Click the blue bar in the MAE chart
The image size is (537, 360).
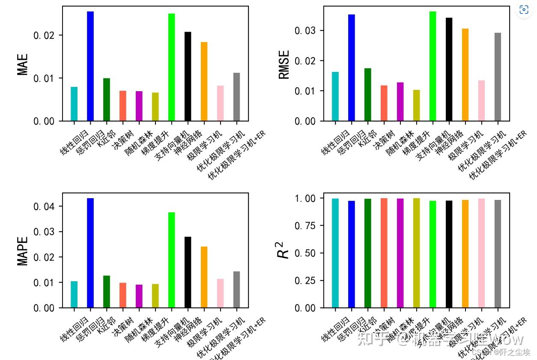pyautogui.click(x=90, y=66)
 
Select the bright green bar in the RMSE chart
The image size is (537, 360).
pyautogui.click(x=433, y=66)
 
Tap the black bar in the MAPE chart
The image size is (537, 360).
pyautogui.click(x=188, y=272)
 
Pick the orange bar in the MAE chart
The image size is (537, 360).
pyautogui.click(x=204, y=81)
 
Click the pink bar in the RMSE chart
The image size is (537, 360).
pyautogui.click(x=481, y=101)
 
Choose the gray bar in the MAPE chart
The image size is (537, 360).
pyautogui.click(x=237, y=289)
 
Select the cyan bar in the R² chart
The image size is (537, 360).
pyautogui.click(x=335, y=253)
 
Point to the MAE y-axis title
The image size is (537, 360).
pyautogui.click(x=23, y=64)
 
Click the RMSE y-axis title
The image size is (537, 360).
pyautogui.click(x=284, y=65)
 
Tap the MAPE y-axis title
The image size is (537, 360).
pyautogui.click(x=23, y=251)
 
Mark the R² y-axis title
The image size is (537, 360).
pyautogui.click(x=283, y=248)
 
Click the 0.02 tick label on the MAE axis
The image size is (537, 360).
pyautogui.click(x=44, y=35)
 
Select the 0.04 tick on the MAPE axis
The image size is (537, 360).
pyautogui.click(x=44, y=206)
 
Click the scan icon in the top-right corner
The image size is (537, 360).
pyautogui.click(x=524, y=10)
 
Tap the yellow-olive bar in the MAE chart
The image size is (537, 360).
pyautogui.click(x=155, y=107)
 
